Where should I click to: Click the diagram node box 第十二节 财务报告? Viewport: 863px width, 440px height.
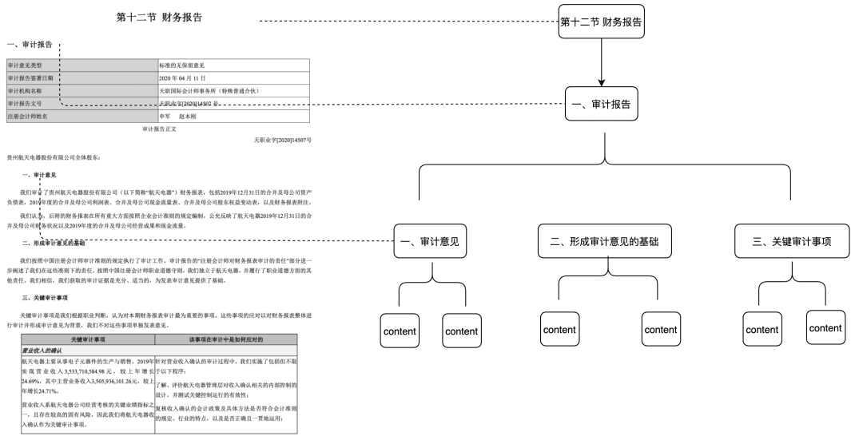coord(601,22)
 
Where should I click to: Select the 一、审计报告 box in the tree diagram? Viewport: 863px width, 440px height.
coord(601,105)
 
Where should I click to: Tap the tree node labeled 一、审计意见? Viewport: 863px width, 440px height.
coord(431,241)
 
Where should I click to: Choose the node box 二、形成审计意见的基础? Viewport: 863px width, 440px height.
coord(605,241)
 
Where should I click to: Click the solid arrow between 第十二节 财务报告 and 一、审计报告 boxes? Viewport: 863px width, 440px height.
coord(601,63)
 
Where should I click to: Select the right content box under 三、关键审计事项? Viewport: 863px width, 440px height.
coord(825,328)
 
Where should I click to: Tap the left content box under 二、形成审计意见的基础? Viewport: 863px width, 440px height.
coord(559,330)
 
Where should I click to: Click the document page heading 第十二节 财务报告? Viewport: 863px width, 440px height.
coord(159,18)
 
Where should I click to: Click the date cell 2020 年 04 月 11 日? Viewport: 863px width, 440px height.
coord(183,77)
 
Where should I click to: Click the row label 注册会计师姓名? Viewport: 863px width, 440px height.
coord(33,116)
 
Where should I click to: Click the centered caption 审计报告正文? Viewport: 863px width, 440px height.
coord(159,128)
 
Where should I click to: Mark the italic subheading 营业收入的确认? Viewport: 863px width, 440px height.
coord(44,350)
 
